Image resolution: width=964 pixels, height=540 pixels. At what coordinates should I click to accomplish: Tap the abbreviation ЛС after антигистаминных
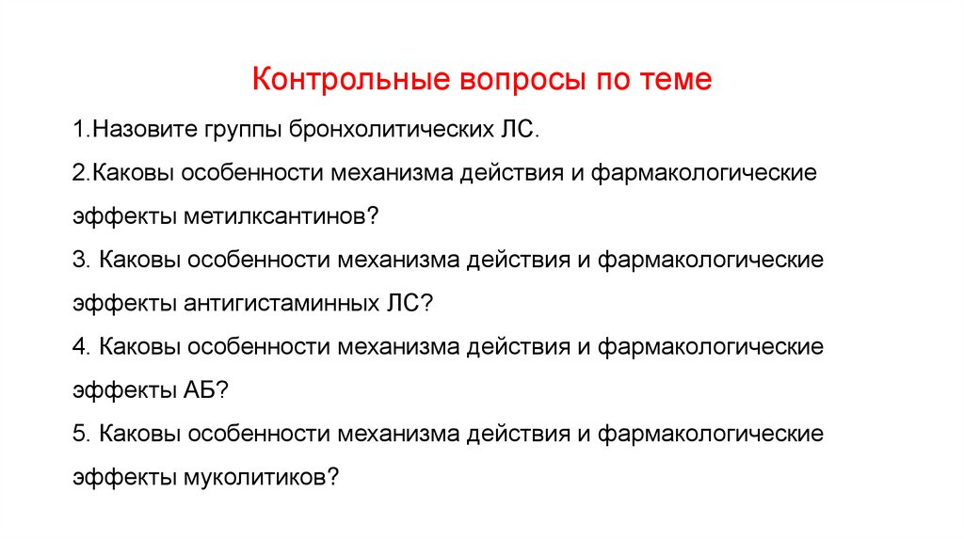pos(406,304)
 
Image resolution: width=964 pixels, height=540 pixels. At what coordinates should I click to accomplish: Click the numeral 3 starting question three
pos(77,261)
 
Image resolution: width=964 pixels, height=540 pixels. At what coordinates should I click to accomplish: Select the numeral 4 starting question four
pos(77,347)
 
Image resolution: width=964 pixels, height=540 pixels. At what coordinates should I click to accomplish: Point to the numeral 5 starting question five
pos(77,434)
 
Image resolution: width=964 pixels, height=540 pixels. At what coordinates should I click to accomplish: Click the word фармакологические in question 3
pos(711,261)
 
